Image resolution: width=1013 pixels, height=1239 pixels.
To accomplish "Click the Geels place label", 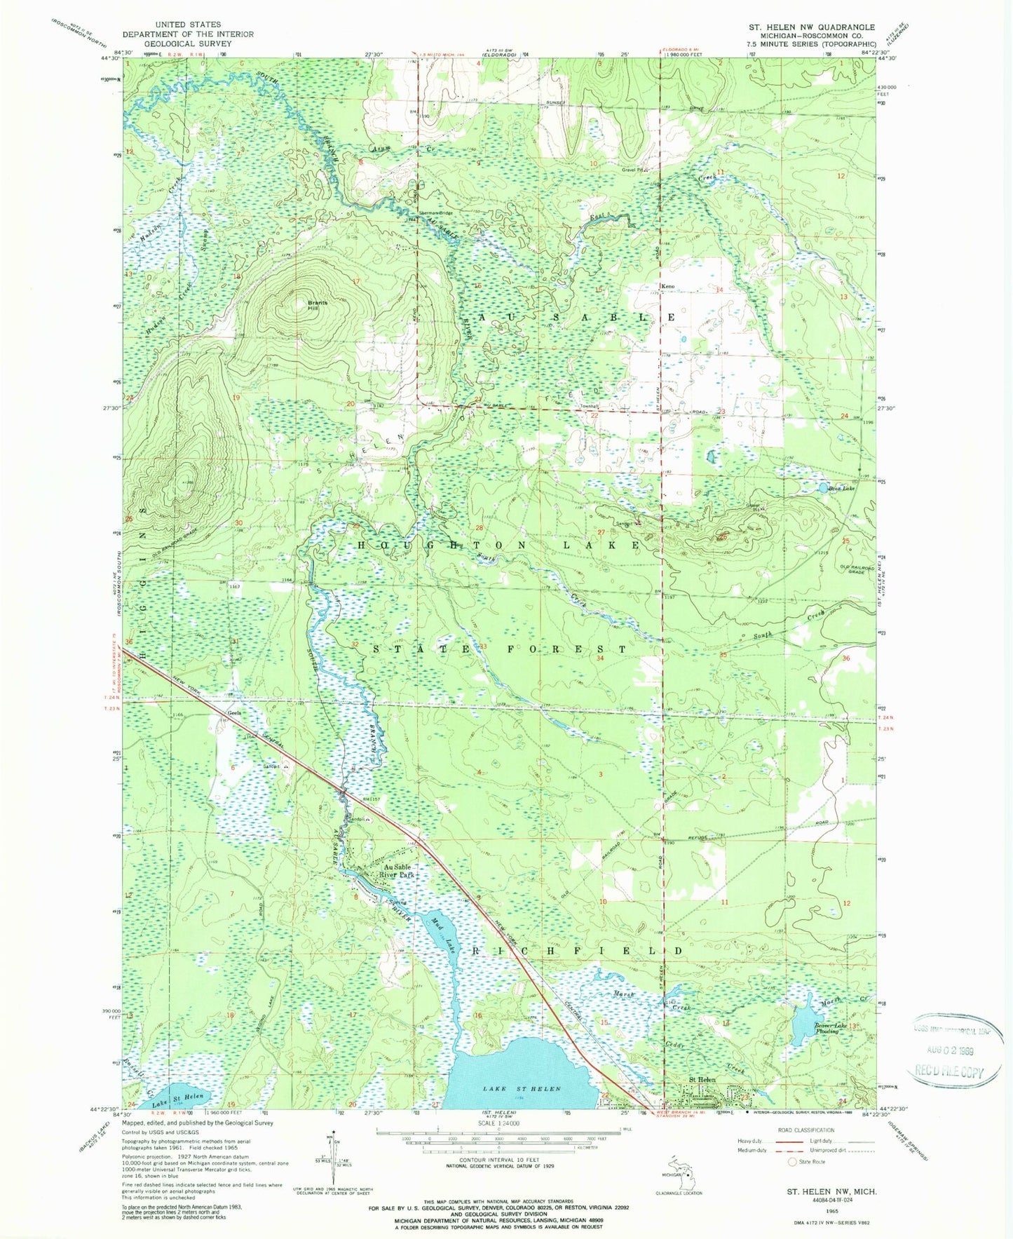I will [234, 712].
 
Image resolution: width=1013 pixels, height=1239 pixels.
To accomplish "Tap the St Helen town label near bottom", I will [702, 1080].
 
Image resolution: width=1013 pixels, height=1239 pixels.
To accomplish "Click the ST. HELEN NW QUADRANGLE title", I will [811, 27].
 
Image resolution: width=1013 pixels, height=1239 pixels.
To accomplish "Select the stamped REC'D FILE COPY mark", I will [948, 1072].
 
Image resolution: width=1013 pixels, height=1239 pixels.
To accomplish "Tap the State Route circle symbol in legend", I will [793, 1162].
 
